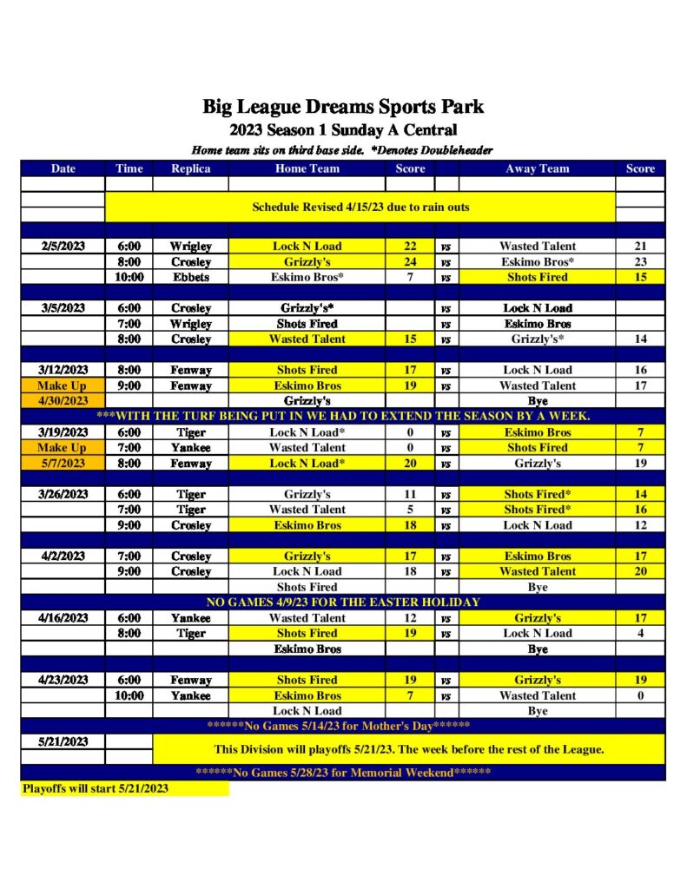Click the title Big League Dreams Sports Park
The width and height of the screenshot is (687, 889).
[x=343, y=108]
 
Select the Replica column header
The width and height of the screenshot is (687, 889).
[x=190, y=168]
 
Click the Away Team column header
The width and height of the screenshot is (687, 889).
[x=537, y=168]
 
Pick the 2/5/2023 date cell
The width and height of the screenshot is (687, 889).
[x=63, y=247]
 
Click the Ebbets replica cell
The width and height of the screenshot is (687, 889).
[x=190, y=278]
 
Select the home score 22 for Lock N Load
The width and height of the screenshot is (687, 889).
[x=410, y=247]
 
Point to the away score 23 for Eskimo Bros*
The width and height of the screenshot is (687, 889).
[x=640, y=262]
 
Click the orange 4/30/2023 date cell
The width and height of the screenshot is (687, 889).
[x=63, y=401]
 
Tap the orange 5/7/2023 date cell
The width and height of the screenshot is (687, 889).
[x=63, y=464]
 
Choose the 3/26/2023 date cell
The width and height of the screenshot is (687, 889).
[x=63, y=495]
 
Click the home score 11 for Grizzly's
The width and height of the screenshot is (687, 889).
[x=410, y=495]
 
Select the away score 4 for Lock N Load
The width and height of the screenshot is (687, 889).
[x=640, y=634]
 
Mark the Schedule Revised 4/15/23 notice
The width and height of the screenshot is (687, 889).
[x=360, y=207]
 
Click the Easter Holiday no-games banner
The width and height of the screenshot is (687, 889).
[x=343, y=603]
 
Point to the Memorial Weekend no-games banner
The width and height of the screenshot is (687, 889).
[x=343, y=773]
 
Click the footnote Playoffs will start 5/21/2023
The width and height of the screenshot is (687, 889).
[x=96, y=788]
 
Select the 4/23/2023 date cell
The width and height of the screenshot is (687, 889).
[x=63, y=681]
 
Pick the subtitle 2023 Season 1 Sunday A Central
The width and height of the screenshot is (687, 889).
[x=343, y=131]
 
